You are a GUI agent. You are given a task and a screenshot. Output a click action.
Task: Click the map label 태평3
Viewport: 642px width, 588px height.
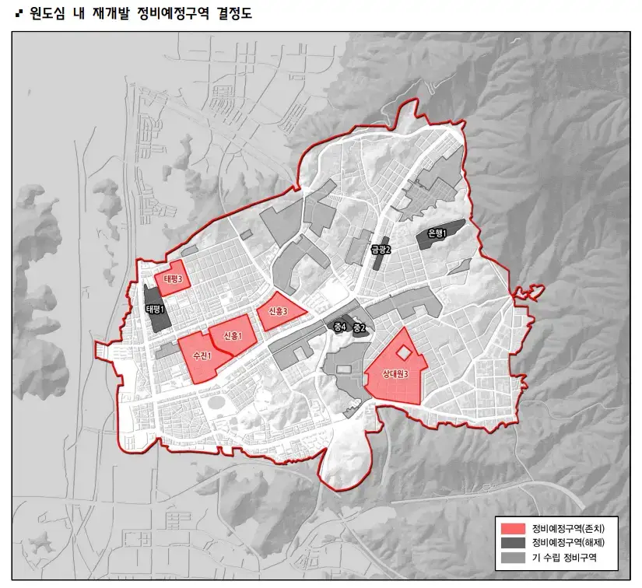point(173,279)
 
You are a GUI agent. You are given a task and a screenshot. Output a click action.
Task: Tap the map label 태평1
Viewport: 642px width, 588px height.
point(156,310)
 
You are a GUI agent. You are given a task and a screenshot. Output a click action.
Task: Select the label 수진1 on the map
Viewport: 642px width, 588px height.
point(201,355)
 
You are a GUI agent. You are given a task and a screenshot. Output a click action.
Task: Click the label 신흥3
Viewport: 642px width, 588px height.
point(277,311)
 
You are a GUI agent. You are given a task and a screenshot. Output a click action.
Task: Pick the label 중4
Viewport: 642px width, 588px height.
point(339,327)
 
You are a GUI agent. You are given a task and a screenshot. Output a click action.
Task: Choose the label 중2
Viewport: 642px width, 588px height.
point(359,328)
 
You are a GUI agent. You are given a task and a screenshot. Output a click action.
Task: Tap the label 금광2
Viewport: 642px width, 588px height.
point(380,250)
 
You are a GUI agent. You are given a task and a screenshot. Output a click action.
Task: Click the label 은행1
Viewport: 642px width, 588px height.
point(437,233)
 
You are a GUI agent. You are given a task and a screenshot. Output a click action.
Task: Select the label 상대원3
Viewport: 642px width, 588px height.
point(395,374)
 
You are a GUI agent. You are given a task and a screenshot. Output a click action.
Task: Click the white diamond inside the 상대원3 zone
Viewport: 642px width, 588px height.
point(403,353)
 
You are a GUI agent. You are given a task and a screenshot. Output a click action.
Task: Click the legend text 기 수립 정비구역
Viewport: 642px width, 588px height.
point(564,558)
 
